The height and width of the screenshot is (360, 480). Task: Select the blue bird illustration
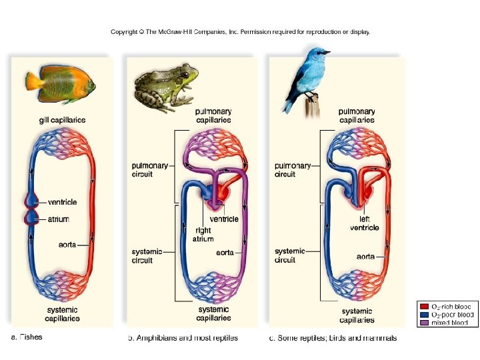pos(307,77)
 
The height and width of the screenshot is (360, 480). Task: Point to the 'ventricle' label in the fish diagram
pos(63,202)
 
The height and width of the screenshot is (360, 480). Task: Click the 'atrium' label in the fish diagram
pos(59,219)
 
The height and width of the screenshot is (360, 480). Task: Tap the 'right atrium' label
pos(203,235)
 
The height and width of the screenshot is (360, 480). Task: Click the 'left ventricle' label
pos(365,223)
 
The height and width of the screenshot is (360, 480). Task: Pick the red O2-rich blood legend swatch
pos(425,306)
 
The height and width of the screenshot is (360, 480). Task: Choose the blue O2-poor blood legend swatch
pos(425,315)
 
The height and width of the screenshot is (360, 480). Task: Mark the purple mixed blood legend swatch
pos(425,323)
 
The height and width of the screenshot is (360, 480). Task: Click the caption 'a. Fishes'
pos(27,337)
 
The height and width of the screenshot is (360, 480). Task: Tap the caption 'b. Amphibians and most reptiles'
pos(183,338)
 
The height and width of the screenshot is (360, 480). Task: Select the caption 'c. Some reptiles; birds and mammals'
pos(333,338)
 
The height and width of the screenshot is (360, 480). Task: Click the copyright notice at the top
pos(240,32)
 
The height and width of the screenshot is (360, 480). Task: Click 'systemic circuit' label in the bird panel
pos(289,255)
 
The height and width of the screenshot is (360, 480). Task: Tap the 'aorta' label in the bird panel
pos(365,256)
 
